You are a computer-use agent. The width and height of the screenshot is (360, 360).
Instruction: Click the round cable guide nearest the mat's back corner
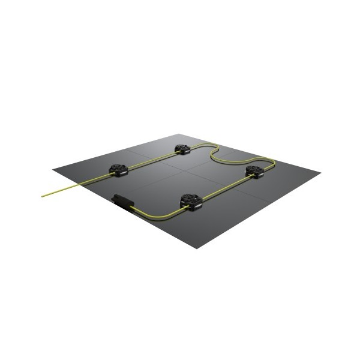pos(182,148)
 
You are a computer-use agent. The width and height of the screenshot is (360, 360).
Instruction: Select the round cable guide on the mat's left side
pos(118,170)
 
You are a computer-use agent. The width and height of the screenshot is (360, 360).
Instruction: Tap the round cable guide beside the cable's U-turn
pos(254,171)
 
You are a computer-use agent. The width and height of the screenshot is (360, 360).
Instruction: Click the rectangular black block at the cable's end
pos(123,202)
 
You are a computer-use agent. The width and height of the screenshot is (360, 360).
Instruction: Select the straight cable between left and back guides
pos(150,159)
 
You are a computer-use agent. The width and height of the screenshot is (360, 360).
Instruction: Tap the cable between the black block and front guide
pos(157,212)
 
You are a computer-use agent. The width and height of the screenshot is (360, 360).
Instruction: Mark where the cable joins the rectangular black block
pos(132,206)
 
